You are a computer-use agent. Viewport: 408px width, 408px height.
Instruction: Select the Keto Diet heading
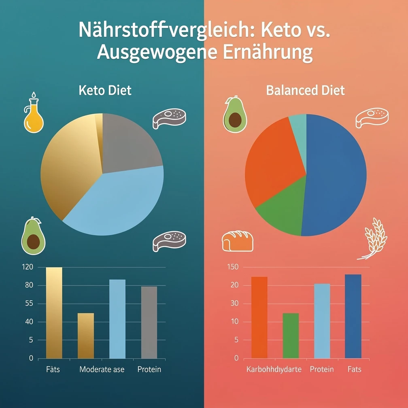point(105,90)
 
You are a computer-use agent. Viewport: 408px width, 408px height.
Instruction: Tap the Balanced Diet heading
point(306,90)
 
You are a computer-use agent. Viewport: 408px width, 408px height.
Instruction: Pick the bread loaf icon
point(238,241)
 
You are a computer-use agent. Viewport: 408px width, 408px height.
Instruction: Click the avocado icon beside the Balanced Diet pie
point(235,115)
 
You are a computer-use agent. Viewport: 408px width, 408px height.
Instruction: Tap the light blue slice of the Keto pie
point(121,202)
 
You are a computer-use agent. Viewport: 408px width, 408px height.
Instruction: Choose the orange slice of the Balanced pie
point(271,162)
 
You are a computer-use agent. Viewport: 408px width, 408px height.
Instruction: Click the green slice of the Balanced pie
point(283,210)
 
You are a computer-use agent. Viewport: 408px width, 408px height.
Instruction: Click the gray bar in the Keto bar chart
point(149,322)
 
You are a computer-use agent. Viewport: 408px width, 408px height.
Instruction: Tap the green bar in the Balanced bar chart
point(291,336)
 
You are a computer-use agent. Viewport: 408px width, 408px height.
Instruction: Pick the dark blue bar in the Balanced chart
point(353,316)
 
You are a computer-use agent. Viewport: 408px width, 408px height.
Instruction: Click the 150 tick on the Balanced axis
point(234,267)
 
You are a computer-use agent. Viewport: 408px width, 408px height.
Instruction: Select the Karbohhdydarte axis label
point(274,370)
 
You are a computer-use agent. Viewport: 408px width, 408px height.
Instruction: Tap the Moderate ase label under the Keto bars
point(102,370)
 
